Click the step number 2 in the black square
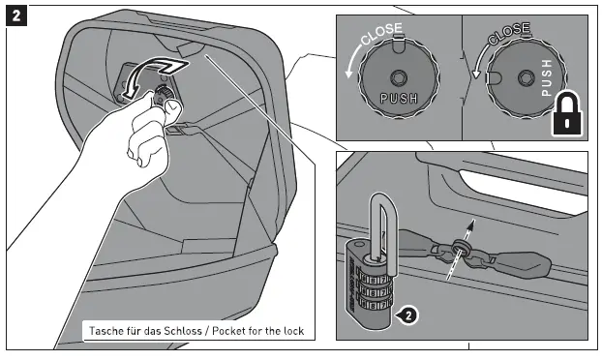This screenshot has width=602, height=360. (x=15, y=15)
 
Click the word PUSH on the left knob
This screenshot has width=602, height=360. (x=399, y=99)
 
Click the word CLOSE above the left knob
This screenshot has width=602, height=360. (x=378, y=37)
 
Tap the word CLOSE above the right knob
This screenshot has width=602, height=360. (x=508, y=35)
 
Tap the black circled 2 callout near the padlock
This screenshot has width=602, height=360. (x=408, y=314)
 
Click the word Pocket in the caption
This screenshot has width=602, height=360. (x=230, y=331)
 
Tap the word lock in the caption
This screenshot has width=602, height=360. (x=291, y=331)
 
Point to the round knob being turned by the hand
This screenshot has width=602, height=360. (x=164, y=94)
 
